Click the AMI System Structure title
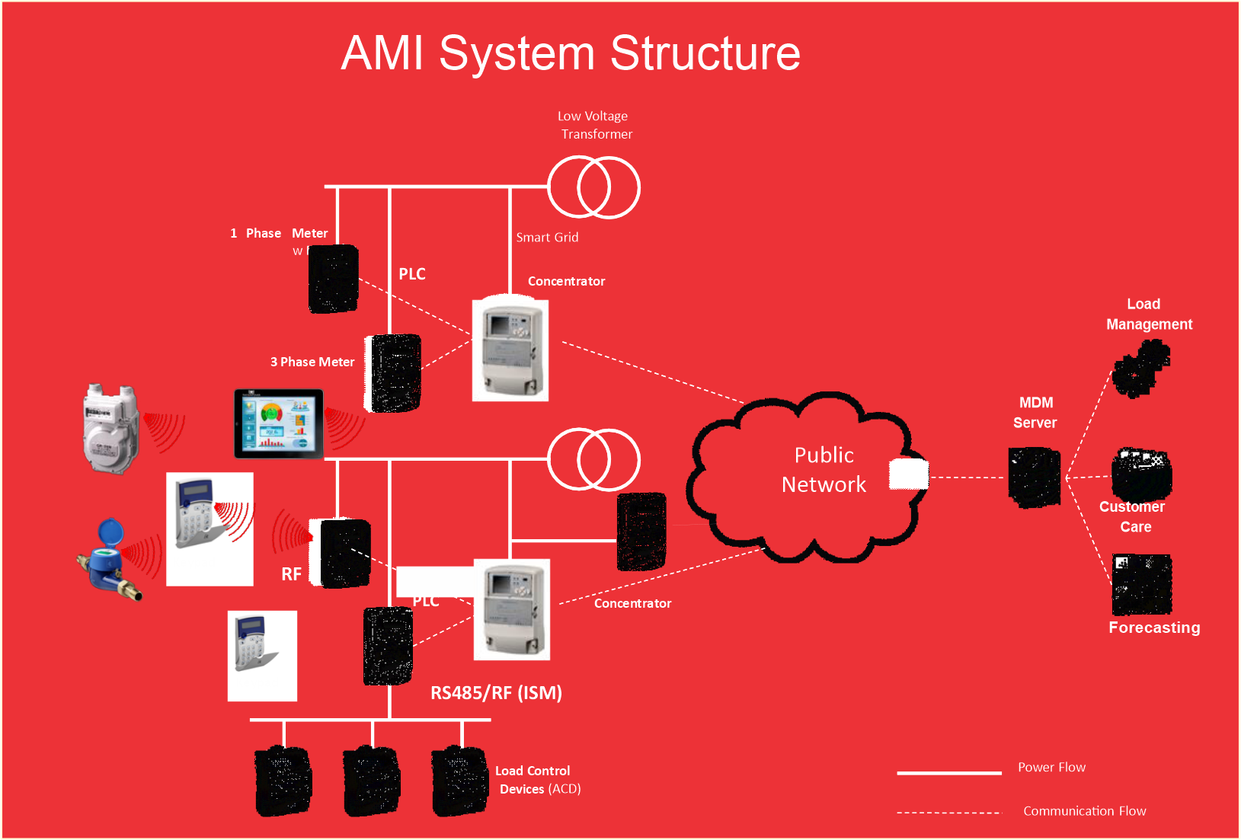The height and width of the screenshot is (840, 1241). click(x=571, y=53)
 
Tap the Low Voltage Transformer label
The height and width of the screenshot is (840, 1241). click(x=595, y=125)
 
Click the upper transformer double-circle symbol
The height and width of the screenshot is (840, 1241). click(x=593, y=187)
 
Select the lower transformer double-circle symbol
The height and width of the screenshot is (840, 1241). click(x=593, y=460)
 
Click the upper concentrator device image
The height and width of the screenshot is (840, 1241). click(x=510, y=350)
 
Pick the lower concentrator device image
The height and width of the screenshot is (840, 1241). click(x=511, y=609)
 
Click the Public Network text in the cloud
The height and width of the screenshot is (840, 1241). click(x=824, y=470)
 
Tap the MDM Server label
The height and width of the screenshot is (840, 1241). click(x=1035, y=412)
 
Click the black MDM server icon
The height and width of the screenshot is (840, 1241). click(x=1034, y=477)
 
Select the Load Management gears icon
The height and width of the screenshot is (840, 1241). click(x=1140, y=368)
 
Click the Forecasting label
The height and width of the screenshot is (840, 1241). click(x=1154, y=628)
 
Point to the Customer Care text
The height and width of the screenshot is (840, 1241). click(x=1133, y=516)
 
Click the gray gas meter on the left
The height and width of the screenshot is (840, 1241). click(x=111, y=428)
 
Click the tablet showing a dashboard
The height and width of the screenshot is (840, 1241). click(x=279, y=423)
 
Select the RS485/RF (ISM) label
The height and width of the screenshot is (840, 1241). click(x=496, y=693)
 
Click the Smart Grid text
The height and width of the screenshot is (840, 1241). click(x=547, y=238)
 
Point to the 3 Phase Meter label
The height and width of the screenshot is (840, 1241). click(x=312, y=362)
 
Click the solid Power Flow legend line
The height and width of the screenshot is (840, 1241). click(x=948, y=773)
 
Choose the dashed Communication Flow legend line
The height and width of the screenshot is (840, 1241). click(x=948, y=813)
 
